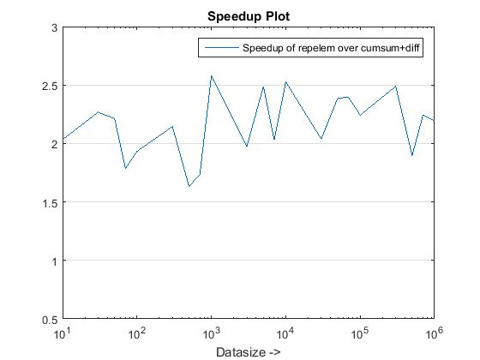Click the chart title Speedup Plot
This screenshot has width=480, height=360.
[x=248, y=15]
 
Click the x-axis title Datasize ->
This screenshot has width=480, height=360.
[x=248, y=352]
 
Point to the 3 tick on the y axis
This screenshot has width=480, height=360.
[x=53, y=27]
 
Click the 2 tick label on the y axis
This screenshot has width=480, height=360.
[x=53, y=144]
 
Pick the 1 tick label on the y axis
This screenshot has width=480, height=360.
[x=53, y=261]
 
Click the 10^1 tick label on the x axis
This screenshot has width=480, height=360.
[x=63, y=331]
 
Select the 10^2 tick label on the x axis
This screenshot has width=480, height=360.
[x=137, y=331]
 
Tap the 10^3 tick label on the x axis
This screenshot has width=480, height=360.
[x=211, y=331]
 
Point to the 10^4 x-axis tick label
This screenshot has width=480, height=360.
[x=285, y=331]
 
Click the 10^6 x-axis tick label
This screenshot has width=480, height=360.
[x=433, y=331]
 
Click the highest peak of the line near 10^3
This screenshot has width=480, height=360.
[x=211, y=75]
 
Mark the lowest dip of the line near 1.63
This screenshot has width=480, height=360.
[x=189, y=186]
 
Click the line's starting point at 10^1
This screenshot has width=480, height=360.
[x=63, y=139]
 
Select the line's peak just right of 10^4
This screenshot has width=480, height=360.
[x=285, y=81]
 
